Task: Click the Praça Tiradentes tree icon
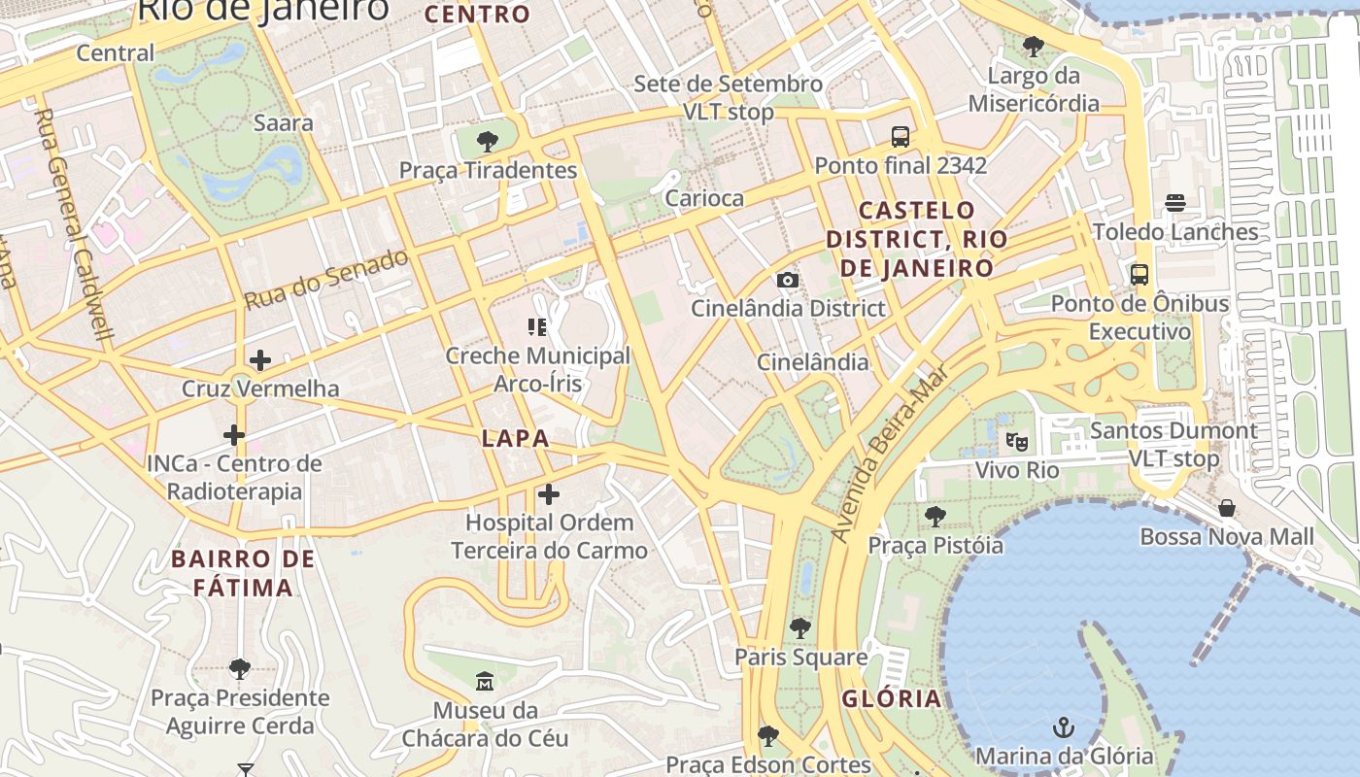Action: click(x=488, y=142)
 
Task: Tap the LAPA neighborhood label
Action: click(x=516, y=438)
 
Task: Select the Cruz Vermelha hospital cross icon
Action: click(x=260, y=360)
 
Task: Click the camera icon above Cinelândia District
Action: click(x=788, y=281)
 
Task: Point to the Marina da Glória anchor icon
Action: click(x=1065, y=727)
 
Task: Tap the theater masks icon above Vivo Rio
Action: click(x=1017, y=442)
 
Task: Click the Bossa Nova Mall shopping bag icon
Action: click(x=1227, y=508)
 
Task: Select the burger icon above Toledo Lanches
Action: click(x=1175, y=203)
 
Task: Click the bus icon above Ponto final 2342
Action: click(x=901, y=137)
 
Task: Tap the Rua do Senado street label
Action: click(x=326, y=280)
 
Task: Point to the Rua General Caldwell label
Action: click(x=74, y=223)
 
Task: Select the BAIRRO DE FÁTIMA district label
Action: click(x=243, y=573)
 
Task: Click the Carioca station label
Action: click(x=704, y=198)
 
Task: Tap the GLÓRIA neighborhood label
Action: click(x=892, y=698)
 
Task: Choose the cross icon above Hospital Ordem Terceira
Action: click(x=549, y=494)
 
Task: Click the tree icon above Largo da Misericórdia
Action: click(x=1034, y=46)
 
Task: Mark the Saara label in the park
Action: click(x=283, y=122)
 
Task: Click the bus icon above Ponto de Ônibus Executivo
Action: click(x=1139, y=275)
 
